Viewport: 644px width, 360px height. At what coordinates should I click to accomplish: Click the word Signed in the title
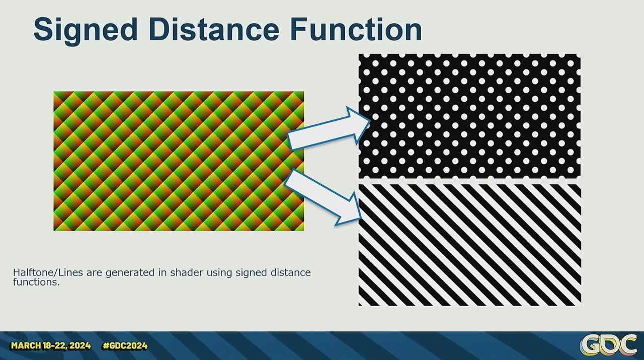click(86, 30)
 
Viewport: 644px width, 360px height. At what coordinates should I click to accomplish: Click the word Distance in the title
click(214, 29)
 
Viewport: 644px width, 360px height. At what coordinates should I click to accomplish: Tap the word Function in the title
click(356, 29)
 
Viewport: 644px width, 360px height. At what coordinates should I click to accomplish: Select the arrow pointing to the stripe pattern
click(323, 197)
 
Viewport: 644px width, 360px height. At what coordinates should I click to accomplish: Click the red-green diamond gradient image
click(179, 161)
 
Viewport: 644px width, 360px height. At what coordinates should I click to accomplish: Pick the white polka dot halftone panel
click(469, 116)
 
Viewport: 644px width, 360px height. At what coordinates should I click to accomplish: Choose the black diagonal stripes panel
click(469, 245)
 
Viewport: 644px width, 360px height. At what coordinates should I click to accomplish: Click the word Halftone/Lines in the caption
click(48, 272)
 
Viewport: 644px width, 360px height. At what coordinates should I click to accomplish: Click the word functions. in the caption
click(36, 282)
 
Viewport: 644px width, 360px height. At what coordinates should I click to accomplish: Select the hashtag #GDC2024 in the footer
click(125, 345)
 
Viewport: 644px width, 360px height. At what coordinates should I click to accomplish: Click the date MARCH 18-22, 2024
click(51, 345)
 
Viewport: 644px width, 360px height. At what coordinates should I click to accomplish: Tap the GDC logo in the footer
click(608, 345)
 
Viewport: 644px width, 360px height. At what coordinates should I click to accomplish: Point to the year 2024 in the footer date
click(80, 345)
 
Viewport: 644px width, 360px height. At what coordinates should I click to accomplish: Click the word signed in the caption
click(251, 273)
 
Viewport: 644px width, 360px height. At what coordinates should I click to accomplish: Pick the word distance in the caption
click(291, 272)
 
